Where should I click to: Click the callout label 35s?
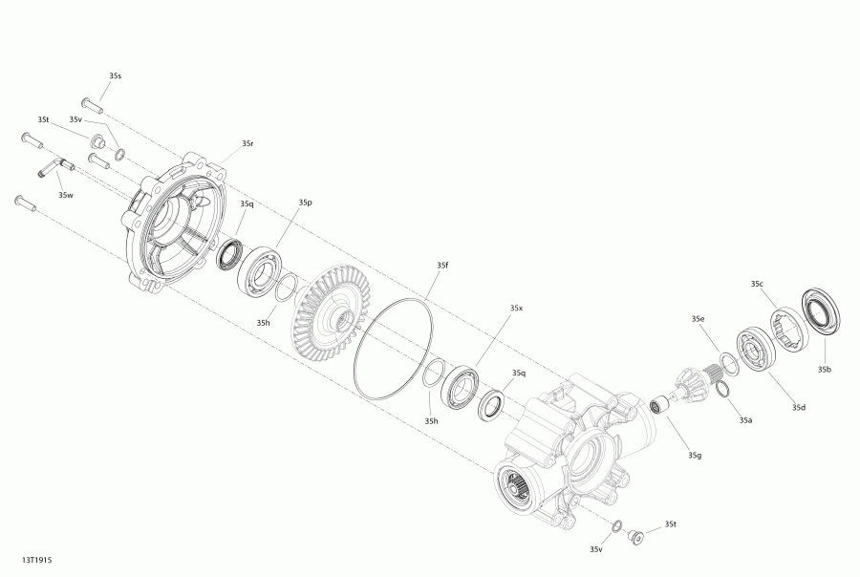coord(115,75)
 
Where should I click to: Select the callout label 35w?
coord(66,195)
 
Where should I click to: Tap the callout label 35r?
coord(247,143)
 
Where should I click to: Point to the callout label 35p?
coord(306,203)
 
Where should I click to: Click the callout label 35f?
coord(442,265)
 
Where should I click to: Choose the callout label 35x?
coord(517,309)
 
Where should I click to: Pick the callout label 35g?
coord(695,456)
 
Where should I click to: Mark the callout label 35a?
coord(745,420)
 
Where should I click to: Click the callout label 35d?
coord(799,407)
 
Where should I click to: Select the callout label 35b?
coord(825,370)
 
